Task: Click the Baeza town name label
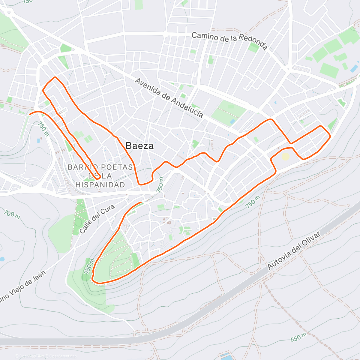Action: click(x=139, y=146)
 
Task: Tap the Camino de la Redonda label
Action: click(x=229, y=41)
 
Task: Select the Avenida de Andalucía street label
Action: click(x=169, y=98)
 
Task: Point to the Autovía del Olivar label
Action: click(x=294, y=250)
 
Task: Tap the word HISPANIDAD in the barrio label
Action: click(x=100, y=185)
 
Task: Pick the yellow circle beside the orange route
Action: click(x=286, y=157)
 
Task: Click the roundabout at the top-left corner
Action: click(x=9, y=12)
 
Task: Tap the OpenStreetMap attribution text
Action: click(x=63, y=356)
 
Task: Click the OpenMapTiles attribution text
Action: click(x=31, y=356)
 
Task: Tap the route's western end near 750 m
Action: click(x=29, y=114)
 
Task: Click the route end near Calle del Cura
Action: click(x=140, y=202)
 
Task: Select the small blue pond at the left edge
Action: click(x=2, y=259)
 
